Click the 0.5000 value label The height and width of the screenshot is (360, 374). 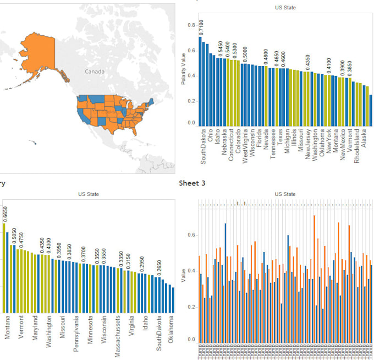pos(245,54)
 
